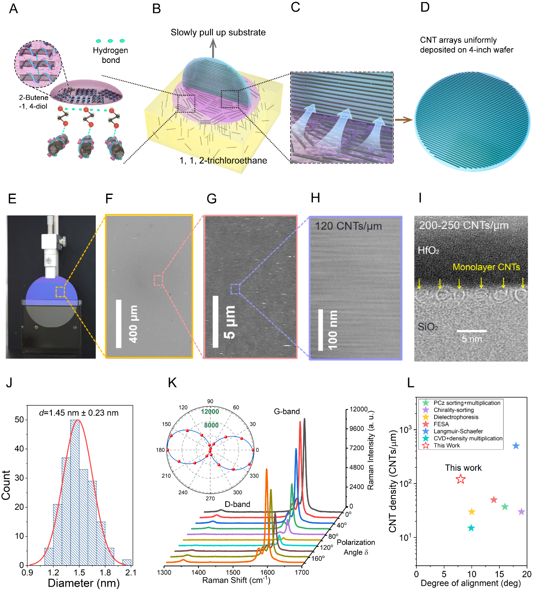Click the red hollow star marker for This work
(461, 479)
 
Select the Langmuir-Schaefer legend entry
(458, 431)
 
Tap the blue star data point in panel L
(516, 446)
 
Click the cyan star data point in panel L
(471, 528)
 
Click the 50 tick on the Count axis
(19, 420)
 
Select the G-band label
(287, 412)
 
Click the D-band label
(237, 504)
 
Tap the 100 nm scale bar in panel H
(321, 330)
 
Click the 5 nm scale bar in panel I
(472, 331)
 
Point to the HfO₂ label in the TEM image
(428, 250)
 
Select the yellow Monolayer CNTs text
(486, 267)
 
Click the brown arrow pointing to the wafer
(403, 120)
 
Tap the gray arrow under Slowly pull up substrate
(213, 49)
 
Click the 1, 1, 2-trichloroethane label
(223, 161)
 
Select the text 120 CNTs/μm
(348, 226)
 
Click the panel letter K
(172, 383)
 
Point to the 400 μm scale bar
(119, 324)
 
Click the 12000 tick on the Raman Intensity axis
(358, 409)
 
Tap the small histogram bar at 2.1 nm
(127, 562)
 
